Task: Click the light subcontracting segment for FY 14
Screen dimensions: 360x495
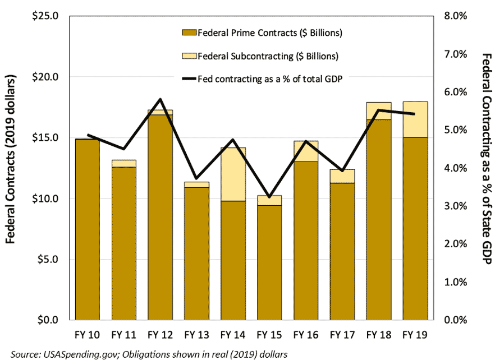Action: click(x=233, y=174)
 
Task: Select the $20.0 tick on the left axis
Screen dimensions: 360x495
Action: click(x=47, y=77)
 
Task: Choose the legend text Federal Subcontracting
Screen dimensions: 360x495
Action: click(x=268, y=56)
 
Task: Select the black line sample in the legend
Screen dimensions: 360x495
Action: click(x=189, y=79)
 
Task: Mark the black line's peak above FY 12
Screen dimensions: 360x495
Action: click(x=161, y=99)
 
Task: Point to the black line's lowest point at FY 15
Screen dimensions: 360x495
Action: click(x=269, y=197)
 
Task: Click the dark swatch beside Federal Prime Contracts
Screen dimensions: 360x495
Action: click(x=189, y=33)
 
